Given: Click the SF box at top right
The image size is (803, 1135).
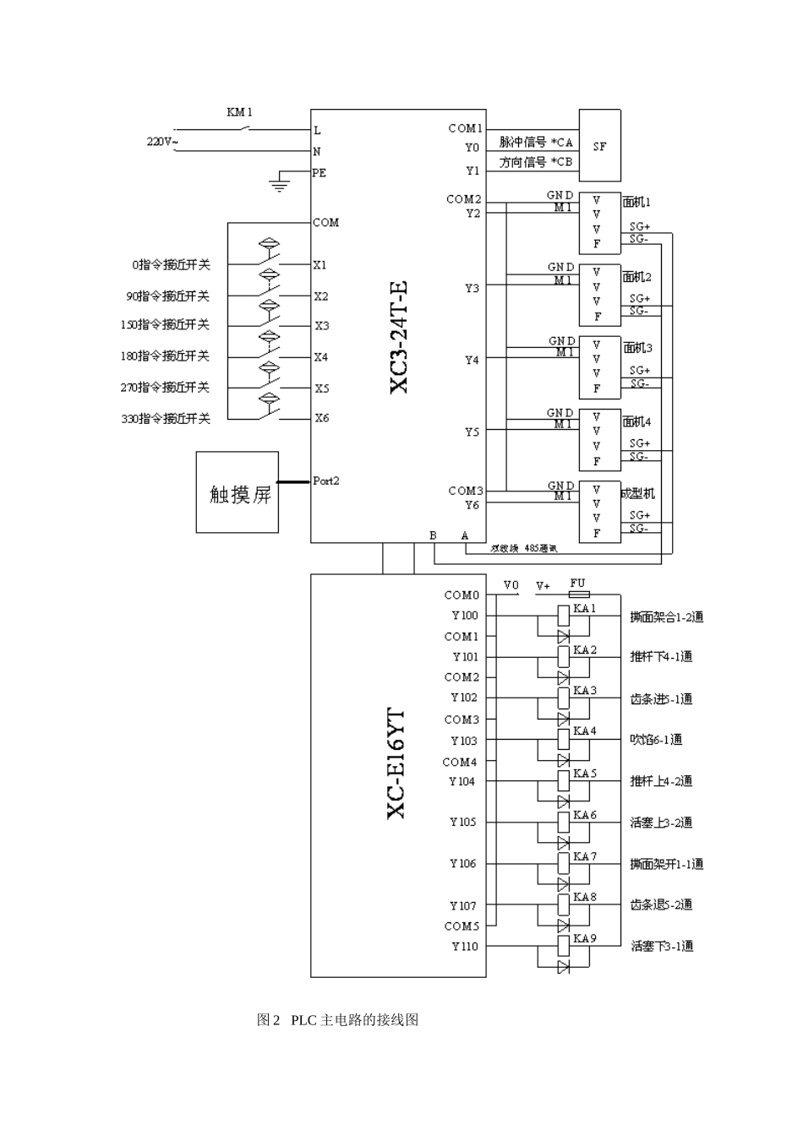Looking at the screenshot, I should (x=599, y=145).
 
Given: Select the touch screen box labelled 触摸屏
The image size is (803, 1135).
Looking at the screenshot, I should (x=238, y=492).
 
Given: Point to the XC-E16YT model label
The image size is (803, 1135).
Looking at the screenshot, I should (x=396, y=763).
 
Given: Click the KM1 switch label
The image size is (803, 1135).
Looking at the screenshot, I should (x=239, y=112).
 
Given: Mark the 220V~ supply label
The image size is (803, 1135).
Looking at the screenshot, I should (x=162, y=142).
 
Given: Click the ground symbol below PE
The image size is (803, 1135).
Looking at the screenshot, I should (x=279, y=183).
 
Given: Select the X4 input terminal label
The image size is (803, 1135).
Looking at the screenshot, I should (x=321, y=357).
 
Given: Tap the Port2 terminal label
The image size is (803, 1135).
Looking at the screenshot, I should (x=326, y=481).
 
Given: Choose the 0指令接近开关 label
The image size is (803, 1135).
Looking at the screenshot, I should (x=171, y=265).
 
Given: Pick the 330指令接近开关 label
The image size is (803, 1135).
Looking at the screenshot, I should (x=166, y=419).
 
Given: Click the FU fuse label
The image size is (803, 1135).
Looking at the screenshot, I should (x=577, y=584).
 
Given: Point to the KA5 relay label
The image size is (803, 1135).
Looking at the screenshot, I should (x=585, y=774).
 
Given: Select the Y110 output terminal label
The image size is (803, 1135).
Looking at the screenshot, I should (x=464, y=947).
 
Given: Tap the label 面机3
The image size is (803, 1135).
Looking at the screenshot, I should (x=637, y=348).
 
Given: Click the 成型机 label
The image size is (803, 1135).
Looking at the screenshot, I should (x=638, y=493).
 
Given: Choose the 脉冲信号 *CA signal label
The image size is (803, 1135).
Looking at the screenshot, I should (x=536, y=143).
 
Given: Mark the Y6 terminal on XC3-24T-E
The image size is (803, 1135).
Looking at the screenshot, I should (x=472, y=505).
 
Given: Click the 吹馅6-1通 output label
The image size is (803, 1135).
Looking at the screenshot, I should (x=657, y=740).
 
